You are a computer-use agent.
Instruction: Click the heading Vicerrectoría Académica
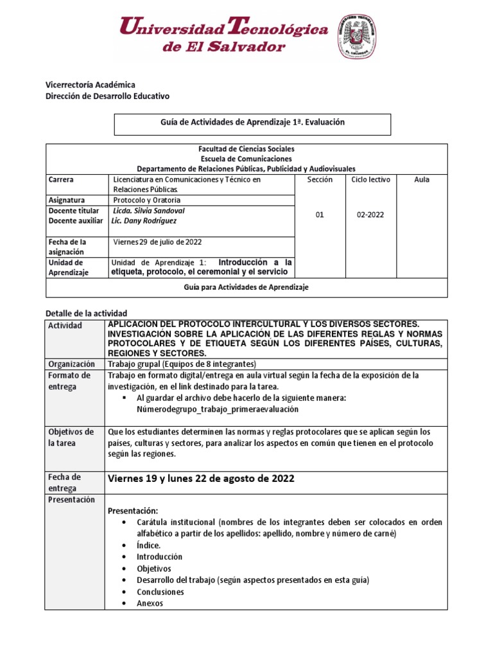pos(90,85)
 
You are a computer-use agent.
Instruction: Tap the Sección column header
pos(320,180)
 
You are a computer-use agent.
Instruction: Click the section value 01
pos(320,215)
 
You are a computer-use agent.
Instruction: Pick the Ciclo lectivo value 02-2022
pos(370,215)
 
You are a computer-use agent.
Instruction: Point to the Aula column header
pos(422,180)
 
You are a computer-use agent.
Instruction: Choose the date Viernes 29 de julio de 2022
pos(158,242)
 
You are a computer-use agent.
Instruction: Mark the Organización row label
pos(71,364)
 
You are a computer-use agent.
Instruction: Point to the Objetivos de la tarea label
pos(71,437)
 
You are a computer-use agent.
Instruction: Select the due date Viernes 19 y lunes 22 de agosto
pos(201,479)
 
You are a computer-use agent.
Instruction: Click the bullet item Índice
pos(148,545)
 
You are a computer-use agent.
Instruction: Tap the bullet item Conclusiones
pos(160,592)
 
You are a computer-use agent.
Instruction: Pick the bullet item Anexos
pos(150,603)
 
